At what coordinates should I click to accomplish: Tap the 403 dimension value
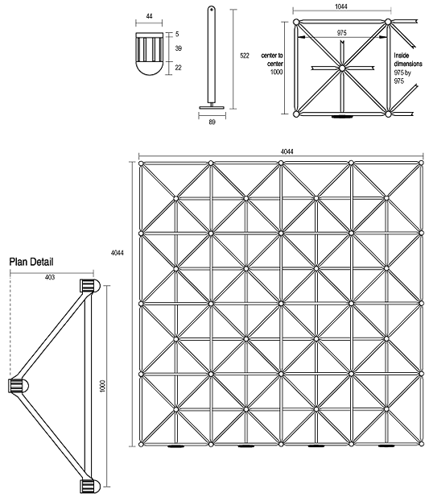[51, 277]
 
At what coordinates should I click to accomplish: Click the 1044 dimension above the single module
[341, 6]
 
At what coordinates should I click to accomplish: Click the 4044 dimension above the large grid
[281, 150]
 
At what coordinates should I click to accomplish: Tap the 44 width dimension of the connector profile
[151, 16]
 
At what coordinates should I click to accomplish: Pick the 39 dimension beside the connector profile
[178, 49]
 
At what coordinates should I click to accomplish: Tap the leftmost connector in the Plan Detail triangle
[15, 387]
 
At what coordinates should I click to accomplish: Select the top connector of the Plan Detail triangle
[87, 286]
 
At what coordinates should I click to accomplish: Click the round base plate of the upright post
[211, 106]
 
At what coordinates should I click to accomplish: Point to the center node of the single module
[342, 68]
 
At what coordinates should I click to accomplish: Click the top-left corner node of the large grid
[141, 164]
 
